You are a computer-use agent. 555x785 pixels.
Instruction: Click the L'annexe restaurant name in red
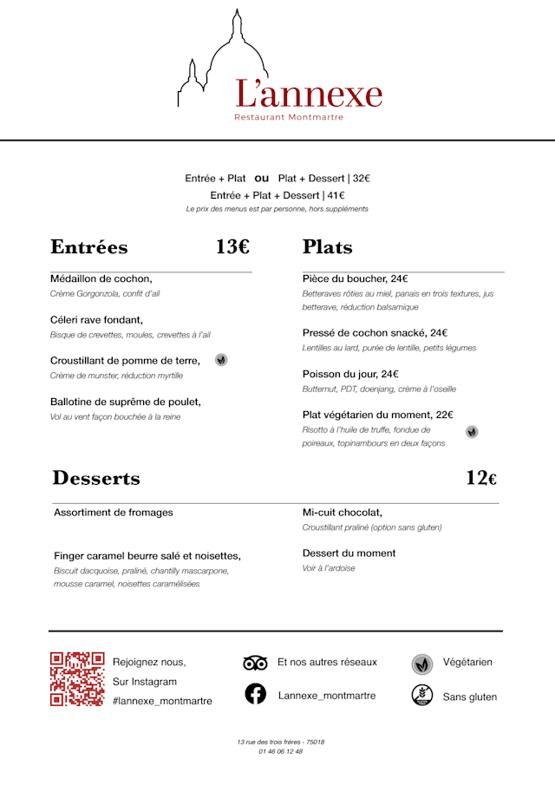pyautogui.click(x=309, y=94)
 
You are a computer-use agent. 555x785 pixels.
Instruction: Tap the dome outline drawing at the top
pyautogui.click(x=232, y=56)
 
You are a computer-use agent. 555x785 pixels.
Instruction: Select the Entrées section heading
pyautogui.click(x=89, y=247)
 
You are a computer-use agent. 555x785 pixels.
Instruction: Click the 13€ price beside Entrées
pyautogui.click(x=232, y=247)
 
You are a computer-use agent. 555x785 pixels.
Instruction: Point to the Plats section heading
pyautogui.click(x=328, y=247)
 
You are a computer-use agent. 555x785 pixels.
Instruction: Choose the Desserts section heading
pyautogui.click(x=96, y=478)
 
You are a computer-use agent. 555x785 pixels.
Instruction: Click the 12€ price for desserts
pyautogui.click(x=481, y=478)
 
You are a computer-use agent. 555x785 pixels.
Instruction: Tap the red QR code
pyautogui.click(x=77, y=678)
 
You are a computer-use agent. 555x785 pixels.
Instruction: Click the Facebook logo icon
pyautogui.click(x=255, y=694)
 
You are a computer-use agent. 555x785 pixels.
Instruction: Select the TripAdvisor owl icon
pyautogui.click(x=255, y=664)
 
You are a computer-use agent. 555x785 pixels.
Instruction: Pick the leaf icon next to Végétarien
pyautogui.click(x=422, y=664)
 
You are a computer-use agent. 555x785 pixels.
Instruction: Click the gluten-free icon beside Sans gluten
pyautogui.click(x=422, y=695)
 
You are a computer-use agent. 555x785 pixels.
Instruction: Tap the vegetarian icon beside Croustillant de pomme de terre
pyautogui.click(x=221, y=359)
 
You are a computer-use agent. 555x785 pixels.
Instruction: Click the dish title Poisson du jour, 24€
pyautogui.click(x=350, y=374)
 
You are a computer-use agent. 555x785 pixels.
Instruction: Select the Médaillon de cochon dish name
pyautogui.click(x=101, y=278)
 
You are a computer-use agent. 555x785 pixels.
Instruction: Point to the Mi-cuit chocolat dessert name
pyautogui.click(x=343, y=512)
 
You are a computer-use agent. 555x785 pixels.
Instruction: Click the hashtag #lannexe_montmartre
pyautogui.click(x=162, y=701)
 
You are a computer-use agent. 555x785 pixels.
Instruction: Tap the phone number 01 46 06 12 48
pyautogui.click(x=280, y=751)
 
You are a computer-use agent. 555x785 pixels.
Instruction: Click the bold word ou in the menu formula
pyautogui.click(x=262, y=178)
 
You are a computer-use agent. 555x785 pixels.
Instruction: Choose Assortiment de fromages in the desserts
pyautogui.click(x=114, y=512)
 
